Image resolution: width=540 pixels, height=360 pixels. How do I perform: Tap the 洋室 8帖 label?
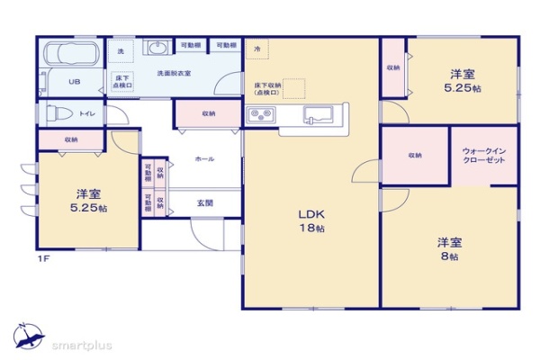pyautogui.click(x=447, y=249)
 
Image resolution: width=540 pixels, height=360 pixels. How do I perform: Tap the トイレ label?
pyautogui.click(x=87, y=114)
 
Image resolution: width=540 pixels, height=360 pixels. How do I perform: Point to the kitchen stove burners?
pyautogui.click(x=262, y=114)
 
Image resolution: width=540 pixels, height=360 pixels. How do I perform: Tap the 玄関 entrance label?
pyautogui.click(x=204, y=203)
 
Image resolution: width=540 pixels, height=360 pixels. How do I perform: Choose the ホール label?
pyautogui.click(x=204, y=158)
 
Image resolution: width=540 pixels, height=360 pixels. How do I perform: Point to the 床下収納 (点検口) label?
pyautogui.click(x=267, y=88)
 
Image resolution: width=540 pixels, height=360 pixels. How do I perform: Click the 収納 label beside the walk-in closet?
pyautogui.click(x=414, y=156)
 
